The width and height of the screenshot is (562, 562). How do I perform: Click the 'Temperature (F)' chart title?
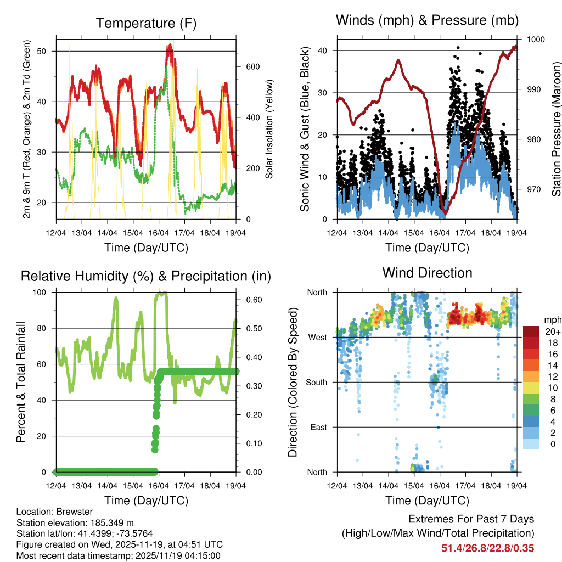tap(146, 23)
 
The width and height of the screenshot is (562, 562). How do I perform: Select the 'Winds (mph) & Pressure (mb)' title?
tap(428, 20)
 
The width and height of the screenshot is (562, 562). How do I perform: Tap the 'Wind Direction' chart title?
tap(428, 273)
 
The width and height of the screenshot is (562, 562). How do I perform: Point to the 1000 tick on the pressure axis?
tap(535, 40)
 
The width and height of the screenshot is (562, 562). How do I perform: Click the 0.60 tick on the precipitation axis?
tap(251, 300)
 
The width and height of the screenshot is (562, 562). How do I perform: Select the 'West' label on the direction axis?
tap(317, 337)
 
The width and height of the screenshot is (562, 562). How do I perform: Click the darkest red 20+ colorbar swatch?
tap(532, 331)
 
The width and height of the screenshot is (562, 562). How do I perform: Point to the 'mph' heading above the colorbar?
tap(552, 319)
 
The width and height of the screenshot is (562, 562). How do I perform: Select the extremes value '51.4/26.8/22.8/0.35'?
tap(488, 548)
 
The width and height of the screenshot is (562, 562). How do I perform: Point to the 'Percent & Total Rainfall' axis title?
tap(20, 382)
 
